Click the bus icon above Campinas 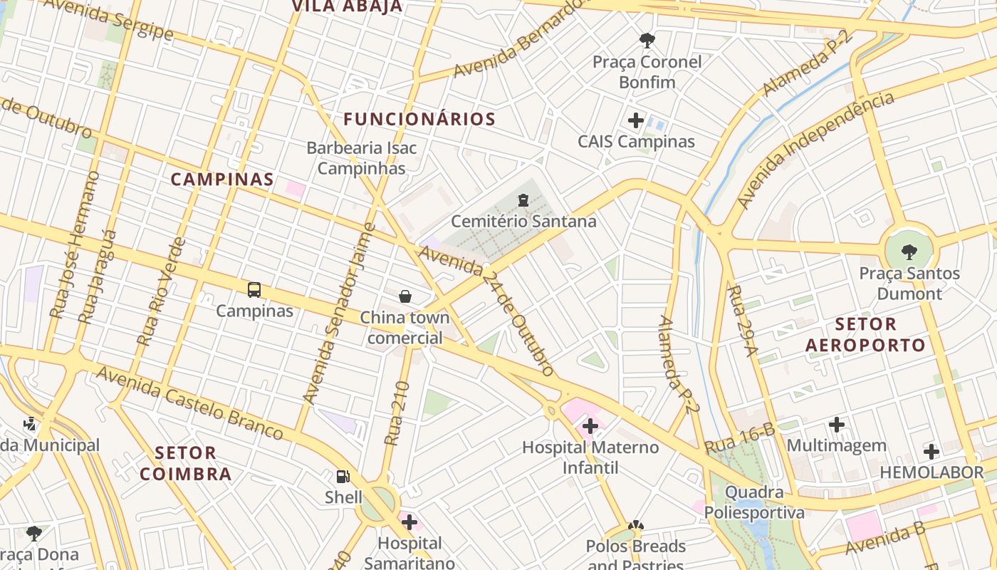tap(254, 290)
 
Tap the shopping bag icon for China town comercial tap(405, 296)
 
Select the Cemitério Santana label tap(523, 221)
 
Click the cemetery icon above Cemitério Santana tap(523, 200)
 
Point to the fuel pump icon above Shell tap(343, 476)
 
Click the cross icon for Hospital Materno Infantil tap(590, 427)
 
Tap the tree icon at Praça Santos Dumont tap(909, 252)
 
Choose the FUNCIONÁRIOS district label tap(419, 119)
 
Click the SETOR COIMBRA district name tap(185, 463)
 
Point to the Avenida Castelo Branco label tap(189, 403)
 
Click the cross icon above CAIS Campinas tap(636, 120)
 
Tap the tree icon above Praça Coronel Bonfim tap(647, 41)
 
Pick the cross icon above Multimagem tap(837, 425)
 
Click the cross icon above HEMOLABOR tap(931, 451)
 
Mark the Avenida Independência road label tap(815, 151)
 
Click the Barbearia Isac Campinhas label tap(362, 158)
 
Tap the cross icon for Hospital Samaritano tap(409, 522)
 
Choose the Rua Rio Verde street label tap(161, 292)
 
